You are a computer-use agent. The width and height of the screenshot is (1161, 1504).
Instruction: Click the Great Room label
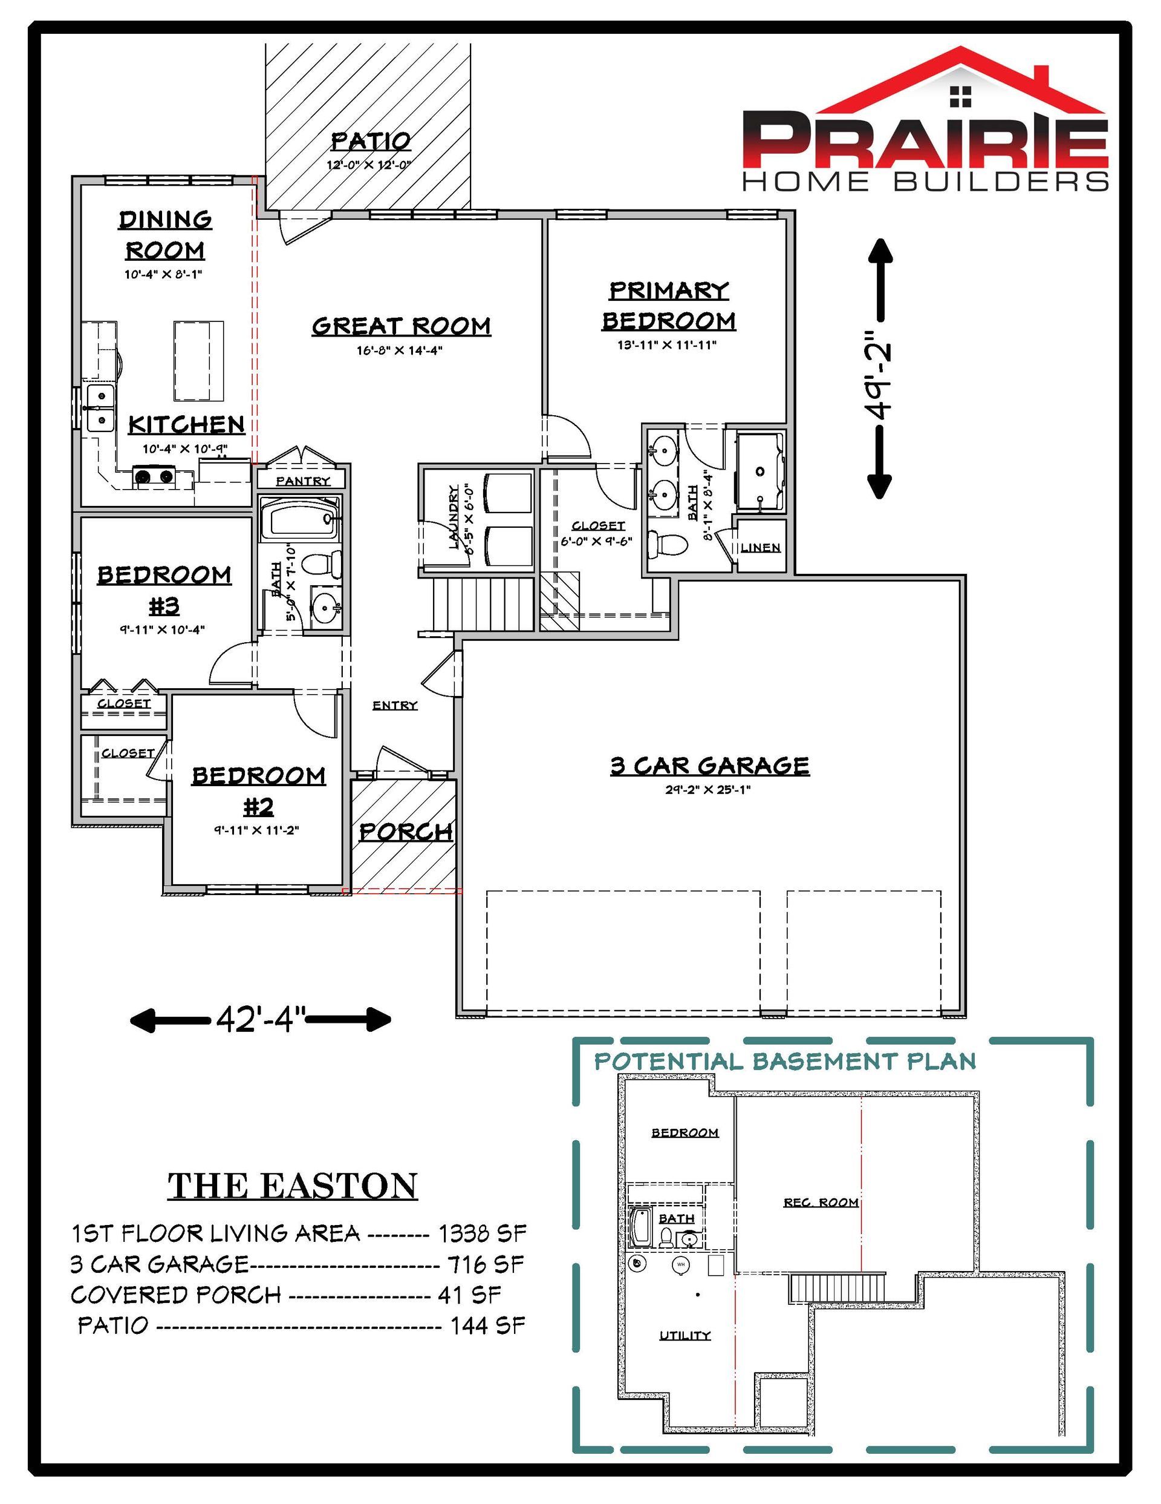(402, 326)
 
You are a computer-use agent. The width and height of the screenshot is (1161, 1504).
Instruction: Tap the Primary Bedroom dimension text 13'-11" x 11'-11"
(666, 345)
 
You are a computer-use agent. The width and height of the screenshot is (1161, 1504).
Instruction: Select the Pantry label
(303, 481)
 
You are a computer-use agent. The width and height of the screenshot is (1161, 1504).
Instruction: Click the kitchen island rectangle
(199, 361)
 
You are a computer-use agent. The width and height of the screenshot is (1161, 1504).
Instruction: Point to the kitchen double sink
(100, 409)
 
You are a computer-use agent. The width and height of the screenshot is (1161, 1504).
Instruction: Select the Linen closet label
(761, 548)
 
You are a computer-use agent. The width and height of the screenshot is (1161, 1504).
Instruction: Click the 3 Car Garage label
(709, 766)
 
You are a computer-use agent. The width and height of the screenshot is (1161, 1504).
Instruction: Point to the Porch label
(406, 832)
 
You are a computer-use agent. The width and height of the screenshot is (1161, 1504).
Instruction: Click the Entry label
(395, 705)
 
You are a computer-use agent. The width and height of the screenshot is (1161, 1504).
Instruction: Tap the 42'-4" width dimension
(260, 1019)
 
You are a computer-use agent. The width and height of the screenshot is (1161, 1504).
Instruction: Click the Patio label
(371, 141)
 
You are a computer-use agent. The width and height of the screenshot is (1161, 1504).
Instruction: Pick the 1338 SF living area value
(483, 1232)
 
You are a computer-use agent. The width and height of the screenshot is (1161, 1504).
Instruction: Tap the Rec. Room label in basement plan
(821, 1203)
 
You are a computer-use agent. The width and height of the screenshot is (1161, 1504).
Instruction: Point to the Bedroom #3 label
(164, 589)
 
